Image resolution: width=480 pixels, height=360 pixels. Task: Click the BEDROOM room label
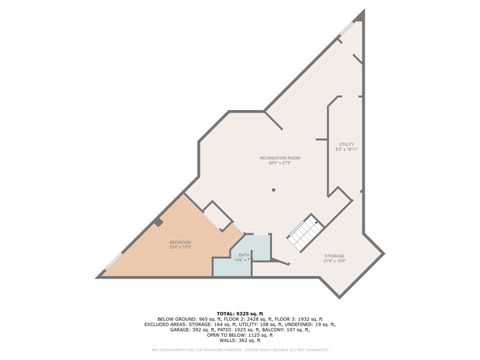pos(180,243)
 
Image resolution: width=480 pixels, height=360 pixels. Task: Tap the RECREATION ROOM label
pos(280,158)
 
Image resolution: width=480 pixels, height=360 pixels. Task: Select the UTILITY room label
pos(347,144)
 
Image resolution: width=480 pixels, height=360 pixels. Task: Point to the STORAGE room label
pos(335,256)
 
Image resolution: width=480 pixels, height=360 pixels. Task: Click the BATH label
pos(243,256)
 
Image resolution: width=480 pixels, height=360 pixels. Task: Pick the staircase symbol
pos(304,234)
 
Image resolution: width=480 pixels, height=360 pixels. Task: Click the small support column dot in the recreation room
pos(272,190)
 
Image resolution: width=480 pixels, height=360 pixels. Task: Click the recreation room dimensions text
pos(280,165)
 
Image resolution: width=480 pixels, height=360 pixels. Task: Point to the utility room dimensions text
pos(347,151)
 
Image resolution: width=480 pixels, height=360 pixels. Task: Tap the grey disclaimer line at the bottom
pos(239,350)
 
